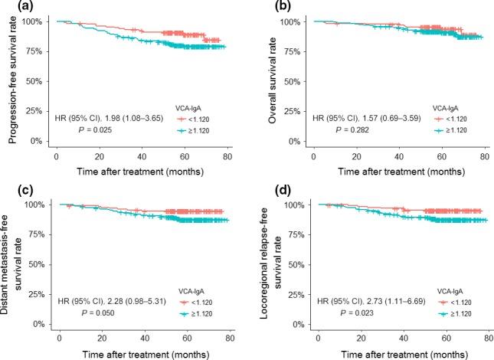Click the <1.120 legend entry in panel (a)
click(x=191, y=119)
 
